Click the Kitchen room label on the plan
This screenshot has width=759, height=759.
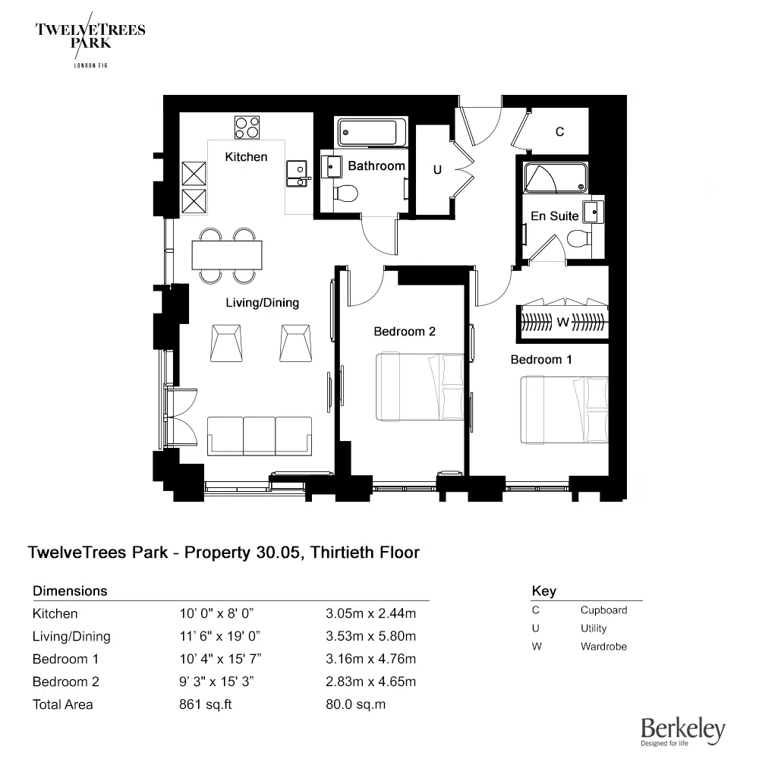point(246,157)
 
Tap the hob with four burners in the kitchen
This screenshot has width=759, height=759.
point(247,127)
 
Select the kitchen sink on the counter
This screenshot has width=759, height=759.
point(296,173)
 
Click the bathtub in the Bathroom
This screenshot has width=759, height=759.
point(372,133)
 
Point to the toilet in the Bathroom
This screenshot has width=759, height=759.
point(346,191)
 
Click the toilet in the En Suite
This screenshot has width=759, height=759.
point(578,239)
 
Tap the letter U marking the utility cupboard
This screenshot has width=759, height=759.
point(437,170)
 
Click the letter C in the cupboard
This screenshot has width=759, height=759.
point(559,132)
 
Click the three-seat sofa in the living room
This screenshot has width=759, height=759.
point(259,436)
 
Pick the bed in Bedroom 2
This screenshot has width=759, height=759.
point(420,387)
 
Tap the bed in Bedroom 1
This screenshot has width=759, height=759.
point(564,409)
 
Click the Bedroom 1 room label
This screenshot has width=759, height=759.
point(540,359)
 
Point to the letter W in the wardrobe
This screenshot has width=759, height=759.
point(562,323)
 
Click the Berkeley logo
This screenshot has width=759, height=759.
point(682,731)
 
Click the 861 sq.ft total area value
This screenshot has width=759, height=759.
point(204,704)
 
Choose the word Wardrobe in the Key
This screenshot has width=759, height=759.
point(603,647)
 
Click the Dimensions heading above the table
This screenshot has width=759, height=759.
point(70,591)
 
